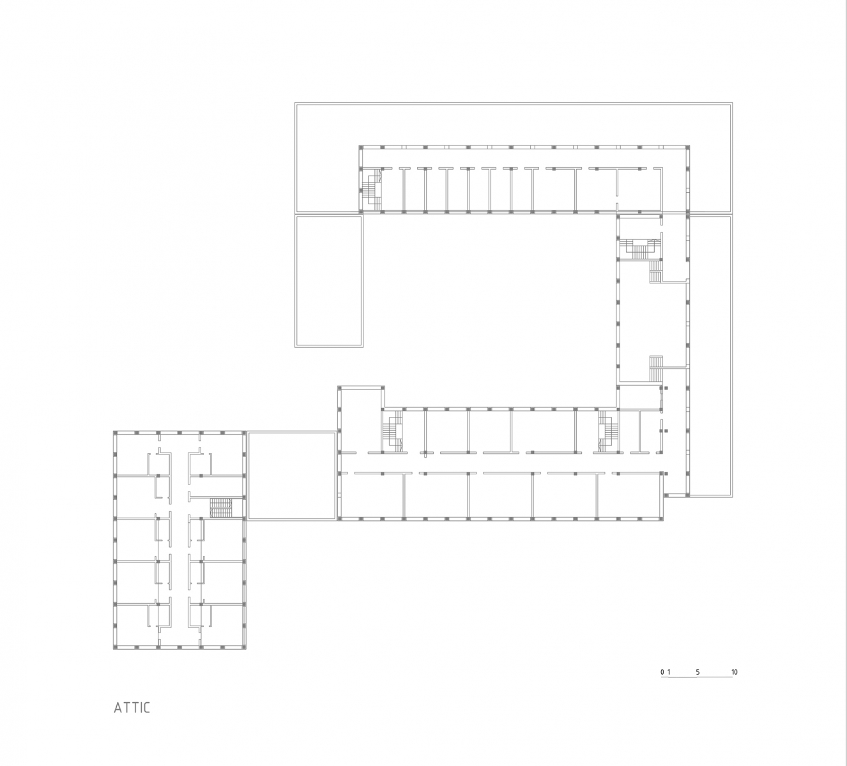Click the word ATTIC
pyautogui.click(x=132, y=708)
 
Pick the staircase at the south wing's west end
pyautogui.click(x=392, y=432)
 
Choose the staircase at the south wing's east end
pyautogui.click(x=607, y=432)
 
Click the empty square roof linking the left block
pyautogui.click(x=292, y=475)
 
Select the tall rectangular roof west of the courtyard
pyautogui.click(x=329, y=282)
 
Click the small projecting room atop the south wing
pyautogui.click(x=361, y=397)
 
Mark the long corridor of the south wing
pyautogui.click(x=500, y=463)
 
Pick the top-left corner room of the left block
pyautogui.click(x=132, y=454)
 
